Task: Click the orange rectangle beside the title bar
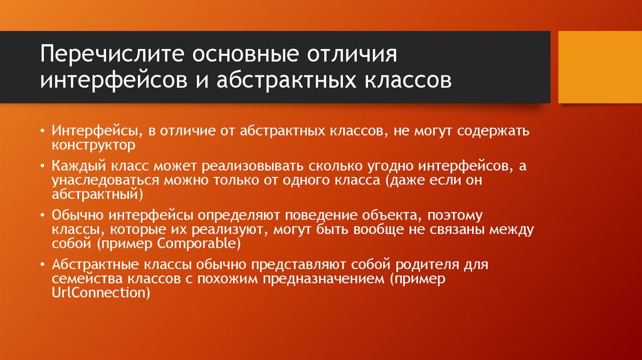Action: pyautogui.click(x=598, y=66)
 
